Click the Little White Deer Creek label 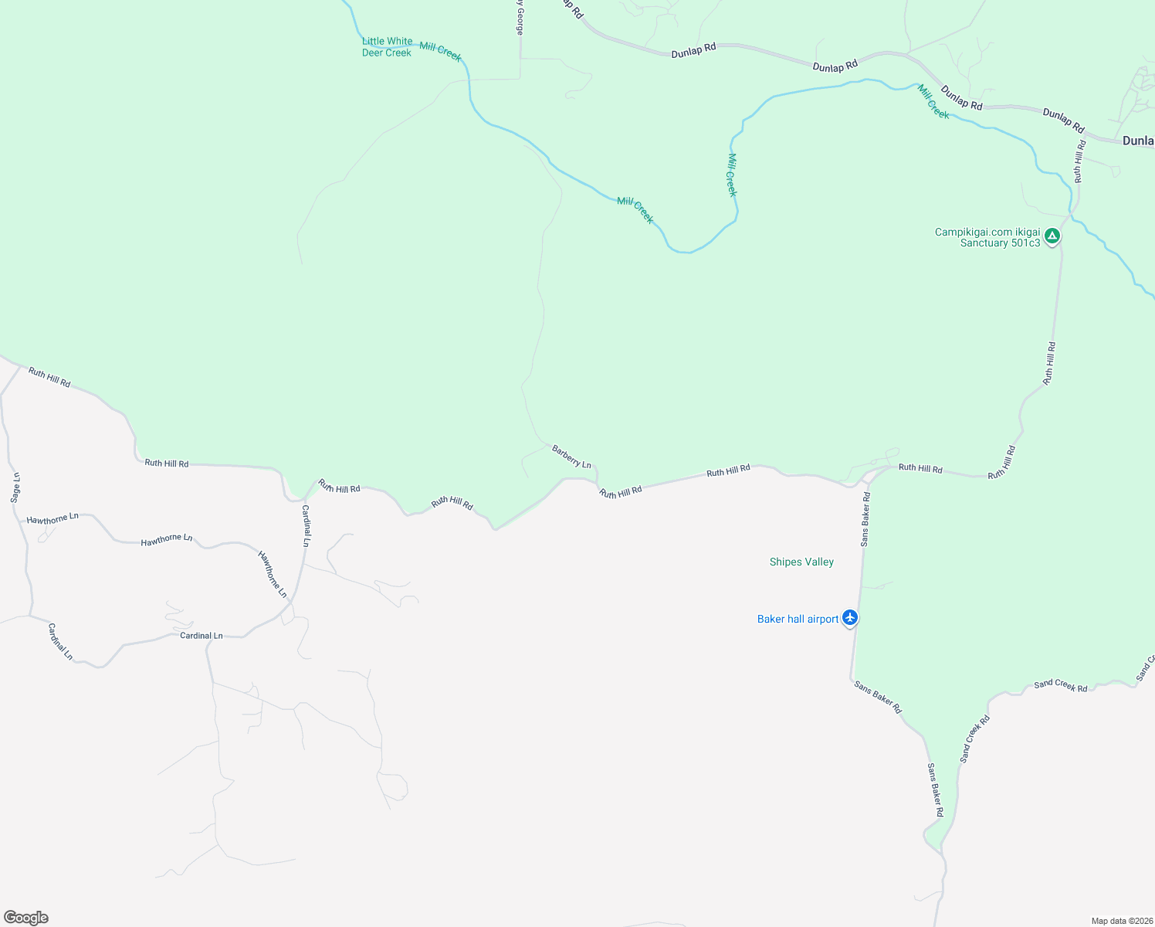coord(387,47)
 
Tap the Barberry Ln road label coord(571,457)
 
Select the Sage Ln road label coord(15,488)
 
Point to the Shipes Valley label coord(801,562)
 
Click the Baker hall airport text coord(798,620)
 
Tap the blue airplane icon coord(850,618)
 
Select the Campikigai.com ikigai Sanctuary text coord(987,238)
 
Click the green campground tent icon coord(1052,236)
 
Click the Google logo coord(26,918)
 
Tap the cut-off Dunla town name coord(1138,141)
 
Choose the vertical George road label coord(520,18)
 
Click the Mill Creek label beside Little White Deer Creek coord(440,52)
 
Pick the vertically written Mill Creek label coord(732,175)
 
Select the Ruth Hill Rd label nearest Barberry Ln coord(621,492)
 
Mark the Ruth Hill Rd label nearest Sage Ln coord(49,377)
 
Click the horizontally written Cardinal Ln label coord(201,636)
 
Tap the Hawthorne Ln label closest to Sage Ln coord(52,519)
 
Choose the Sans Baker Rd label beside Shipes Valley coord(865,519)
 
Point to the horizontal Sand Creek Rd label coord(1060,685)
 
